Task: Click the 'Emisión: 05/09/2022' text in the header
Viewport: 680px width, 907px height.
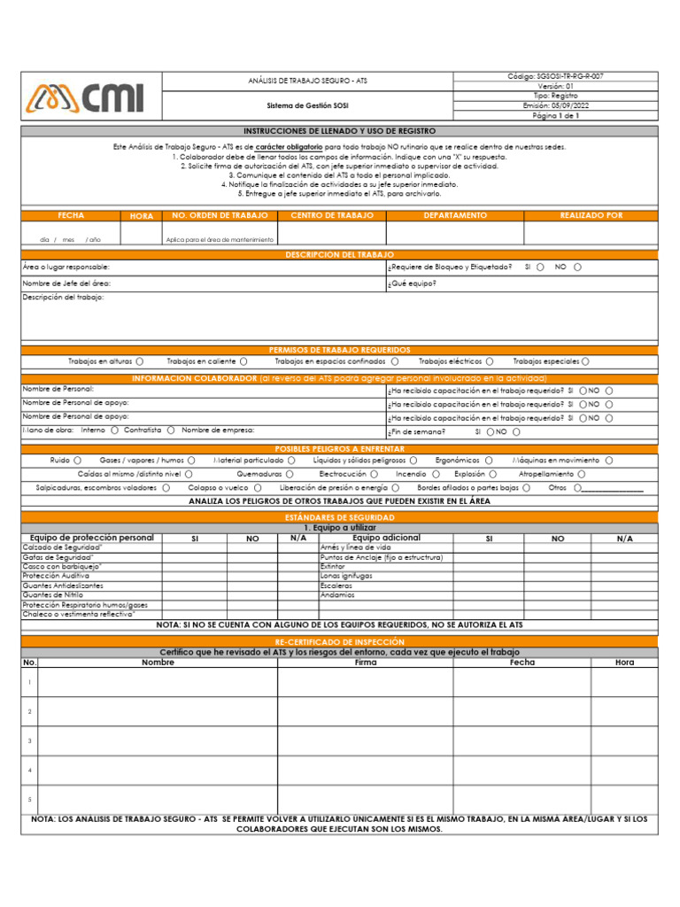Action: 555,105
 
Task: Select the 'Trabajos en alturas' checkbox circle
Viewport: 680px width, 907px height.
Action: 141,361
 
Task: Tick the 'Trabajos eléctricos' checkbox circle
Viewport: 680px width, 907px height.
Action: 489,361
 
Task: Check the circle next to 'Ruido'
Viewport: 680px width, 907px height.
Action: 78,461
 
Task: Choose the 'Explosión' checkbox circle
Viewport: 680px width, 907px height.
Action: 492,474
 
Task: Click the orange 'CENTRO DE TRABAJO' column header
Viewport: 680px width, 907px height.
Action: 332,216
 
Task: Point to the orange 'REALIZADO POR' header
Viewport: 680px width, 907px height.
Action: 591,216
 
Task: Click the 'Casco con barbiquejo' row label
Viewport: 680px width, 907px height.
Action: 62,566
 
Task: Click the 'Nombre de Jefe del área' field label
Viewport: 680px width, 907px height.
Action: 66,283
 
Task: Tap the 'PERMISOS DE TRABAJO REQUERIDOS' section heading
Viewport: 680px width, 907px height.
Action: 339,350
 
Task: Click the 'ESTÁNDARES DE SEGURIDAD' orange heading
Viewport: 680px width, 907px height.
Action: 339,516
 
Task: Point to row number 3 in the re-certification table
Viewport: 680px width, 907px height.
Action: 29,740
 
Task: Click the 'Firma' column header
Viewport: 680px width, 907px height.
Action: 365,663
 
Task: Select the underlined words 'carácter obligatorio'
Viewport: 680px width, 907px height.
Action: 289,147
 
